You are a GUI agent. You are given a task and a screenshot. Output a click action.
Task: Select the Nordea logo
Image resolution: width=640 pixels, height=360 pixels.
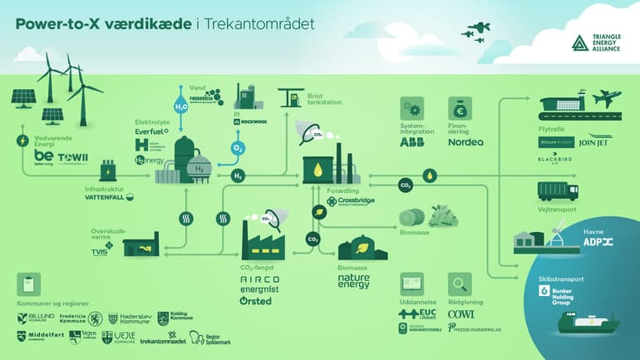coord(465,142)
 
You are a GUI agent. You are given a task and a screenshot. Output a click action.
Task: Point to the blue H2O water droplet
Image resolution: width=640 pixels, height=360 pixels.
coord(180,106)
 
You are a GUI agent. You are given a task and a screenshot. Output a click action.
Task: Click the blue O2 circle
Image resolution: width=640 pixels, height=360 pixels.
coord(239,148)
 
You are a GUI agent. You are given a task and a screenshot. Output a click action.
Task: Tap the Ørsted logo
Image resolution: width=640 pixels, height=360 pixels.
coord(255,300)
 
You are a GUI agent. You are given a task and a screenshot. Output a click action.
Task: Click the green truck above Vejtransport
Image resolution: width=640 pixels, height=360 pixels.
coord(558,190)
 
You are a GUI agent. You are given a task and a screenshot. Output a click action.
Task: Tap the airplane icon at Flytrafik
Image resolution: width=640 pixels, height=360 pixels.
coord(608,98)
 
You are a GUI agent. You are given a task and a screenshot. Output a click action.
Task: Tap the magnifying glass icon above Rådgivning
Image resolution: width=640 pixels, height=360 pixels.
coord(459,283)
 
